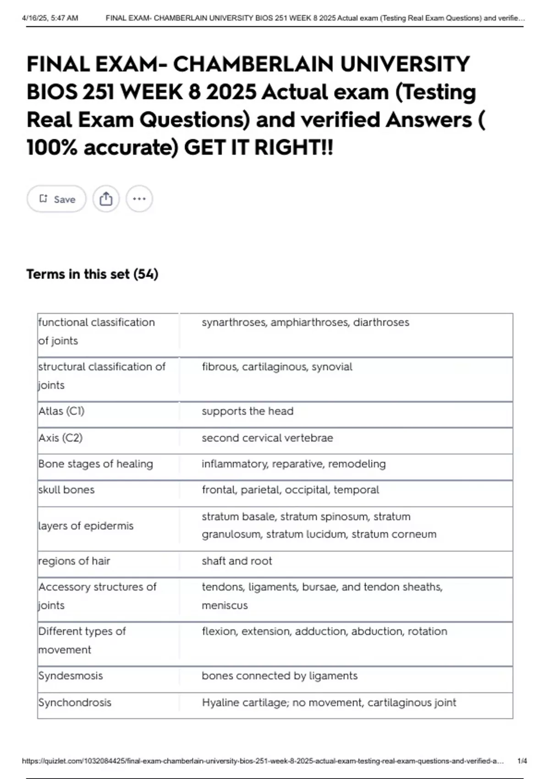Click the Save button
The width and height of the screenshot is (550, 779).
pos(56,199)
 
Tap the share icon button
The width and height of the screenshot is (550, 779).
pos(106,199)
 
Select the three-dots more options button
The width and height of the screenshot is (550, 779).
pos(139,199)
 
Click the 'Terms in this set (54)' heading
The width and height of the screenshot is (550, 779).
pos(92,274)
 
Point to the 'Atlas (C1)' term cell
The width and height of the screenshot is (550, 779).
pos(61,411)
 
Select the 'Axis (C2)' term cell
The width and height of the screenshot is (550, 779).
pos(60,438)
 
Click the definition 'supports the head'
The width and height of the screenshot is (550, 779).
pos(247,411)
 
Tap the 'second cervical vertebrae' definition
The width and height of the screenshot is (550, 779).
pos(267,438)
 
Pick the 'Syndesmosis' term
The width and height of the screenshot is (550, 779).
pos(71,675)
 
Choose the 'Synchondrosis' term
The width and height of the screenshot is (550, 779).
pos(75,702)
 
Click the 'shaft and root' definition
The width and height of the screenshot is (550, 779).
pos(237,561)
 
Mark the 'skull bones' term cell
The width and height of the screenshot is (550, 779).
pos(66,490)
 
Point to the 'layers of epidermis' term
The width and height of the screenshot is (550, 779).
pos(86,526)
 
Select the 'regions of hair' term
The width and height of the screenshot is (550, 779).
pos(74,561)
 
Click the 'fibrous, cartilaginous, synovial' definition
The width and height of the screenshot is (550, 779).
pos(277,367)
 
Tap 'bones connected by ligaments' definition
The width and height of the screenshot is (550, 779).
pos(280,675)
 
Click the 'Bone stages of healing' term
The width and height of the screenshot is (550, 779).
pos(96,464)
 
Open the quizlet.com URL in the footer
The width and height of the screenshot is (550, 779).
pos(263,761)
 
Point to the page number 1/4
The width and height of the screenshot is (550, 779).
pos(522,761)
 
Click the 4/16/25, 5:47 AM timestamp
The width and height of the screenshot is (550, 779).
pos(50,18)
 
